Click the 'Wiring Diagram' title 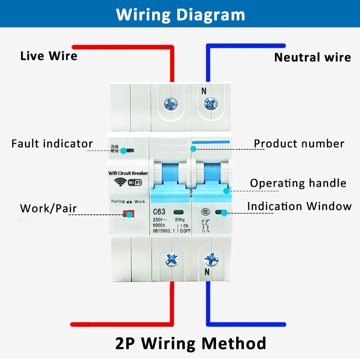[180, 14]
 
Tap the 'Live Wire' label [48, 56]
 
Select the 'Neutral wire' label [312, 58]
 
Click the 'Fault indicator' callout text [52, 144]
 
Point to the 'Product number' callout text [299, 144]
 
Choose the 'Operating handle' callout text [298, 183]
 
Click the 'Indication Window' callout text [299, 206]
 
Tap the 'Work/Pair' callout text [48, 209]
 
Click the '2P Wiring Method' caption [191, 343]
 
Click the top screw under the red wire [171, 104]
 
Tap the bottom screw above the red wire [171, 260]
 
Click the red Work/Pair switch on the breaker [128, 214]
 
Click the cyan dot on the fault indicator [124, 151]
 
